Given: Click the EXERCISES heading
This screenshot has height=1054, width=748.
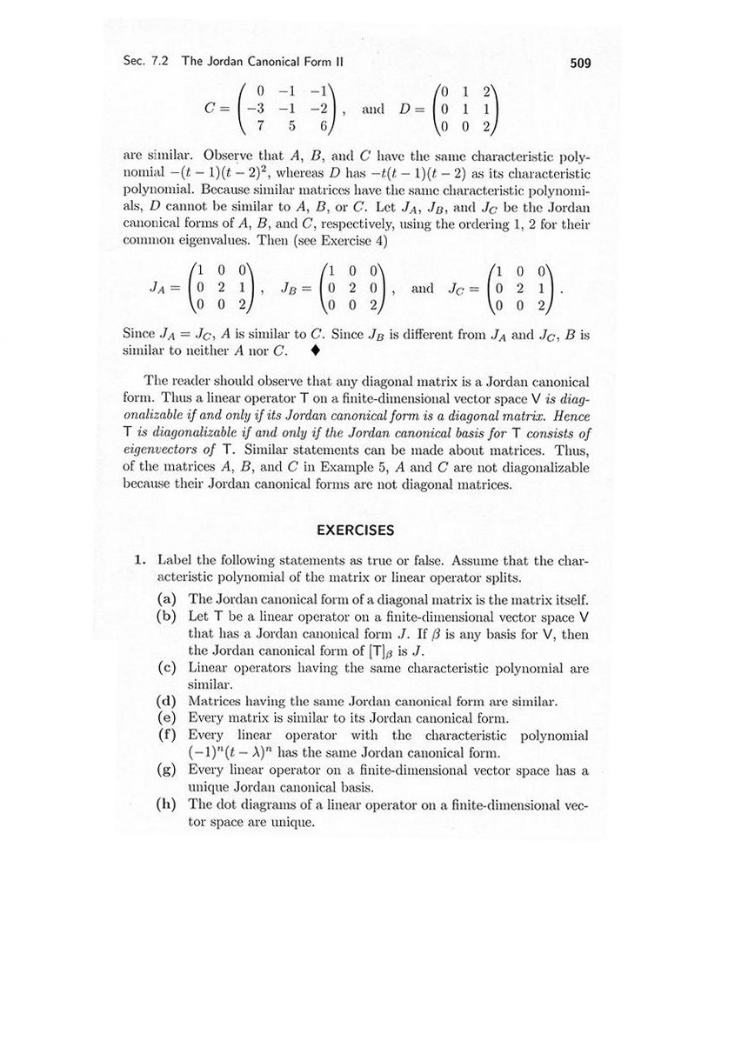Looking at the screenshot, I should (355, 530).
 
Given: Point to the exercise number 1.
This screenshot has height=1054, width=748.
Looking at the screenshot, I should (139, 561).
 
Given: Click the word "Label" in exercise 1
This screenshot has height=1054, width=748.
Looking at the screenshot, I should (172, 561).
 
